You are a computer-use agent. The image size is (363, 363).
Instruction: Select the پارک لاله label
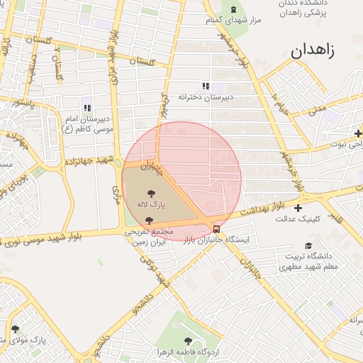(150, 204)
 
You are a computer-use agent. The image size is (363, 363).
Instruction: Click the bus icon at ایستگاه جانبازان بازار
(216, 229)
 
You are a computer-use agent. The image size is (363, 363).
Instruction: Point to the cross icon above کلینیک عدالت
(298, 208)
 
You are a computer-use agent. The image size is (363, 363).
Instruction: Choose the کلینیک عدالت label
(298, 219)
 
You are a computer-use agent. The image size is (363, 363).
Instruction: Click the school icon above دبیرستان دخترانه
(206, 86)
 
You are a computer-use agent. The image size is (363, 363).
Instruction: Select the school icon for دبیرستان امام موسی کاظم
(87, 108)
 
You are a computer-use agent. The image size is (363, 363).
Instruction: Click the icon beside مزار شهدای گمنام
(234, 9)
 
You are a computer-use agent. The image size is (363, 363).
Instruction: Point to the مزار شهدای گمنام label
(233, 21)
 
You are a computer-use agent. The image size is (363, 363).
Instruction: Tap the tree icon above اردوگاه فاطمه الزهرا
(188, 341)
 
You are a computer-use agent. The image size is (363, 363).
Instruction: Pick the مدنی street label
(317, 108)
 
